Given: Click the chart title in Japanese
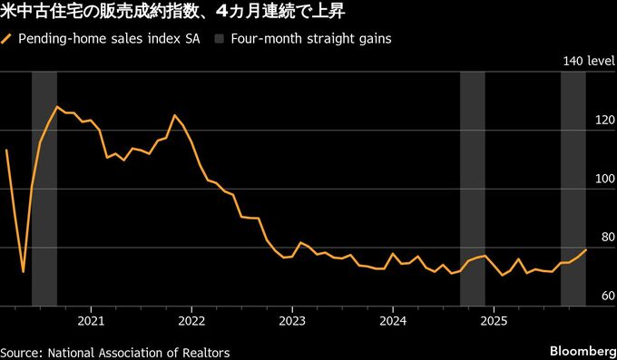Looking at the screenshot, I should [x=171, y=13].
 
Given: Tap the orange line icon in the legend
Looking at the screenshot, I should [x=8, y=39].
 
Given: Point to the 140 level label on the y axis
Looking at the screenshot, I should [x=588, y=62].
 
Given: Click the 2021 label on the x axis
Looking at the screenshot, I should [x=91, y=320].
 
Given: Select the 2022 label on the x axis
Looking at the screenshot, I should [x=191, y=320].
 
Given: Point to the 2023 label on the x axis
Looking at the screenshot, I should [x=292, y=320].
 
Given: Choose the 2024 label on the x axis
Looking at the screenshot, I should [x=393, y=320].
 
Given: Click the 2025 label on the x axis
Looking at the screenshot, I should [x=494, y=320].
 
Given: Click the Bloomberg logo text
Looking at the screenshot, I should [x=582, y=351].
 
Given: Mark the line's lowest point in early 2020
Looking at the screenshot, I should [x=23, y=271].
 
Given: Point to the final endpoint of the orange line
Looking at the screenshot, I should [x=586, y=249].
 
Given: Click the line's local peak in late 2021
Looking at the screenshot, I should [x=174, y=115].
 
